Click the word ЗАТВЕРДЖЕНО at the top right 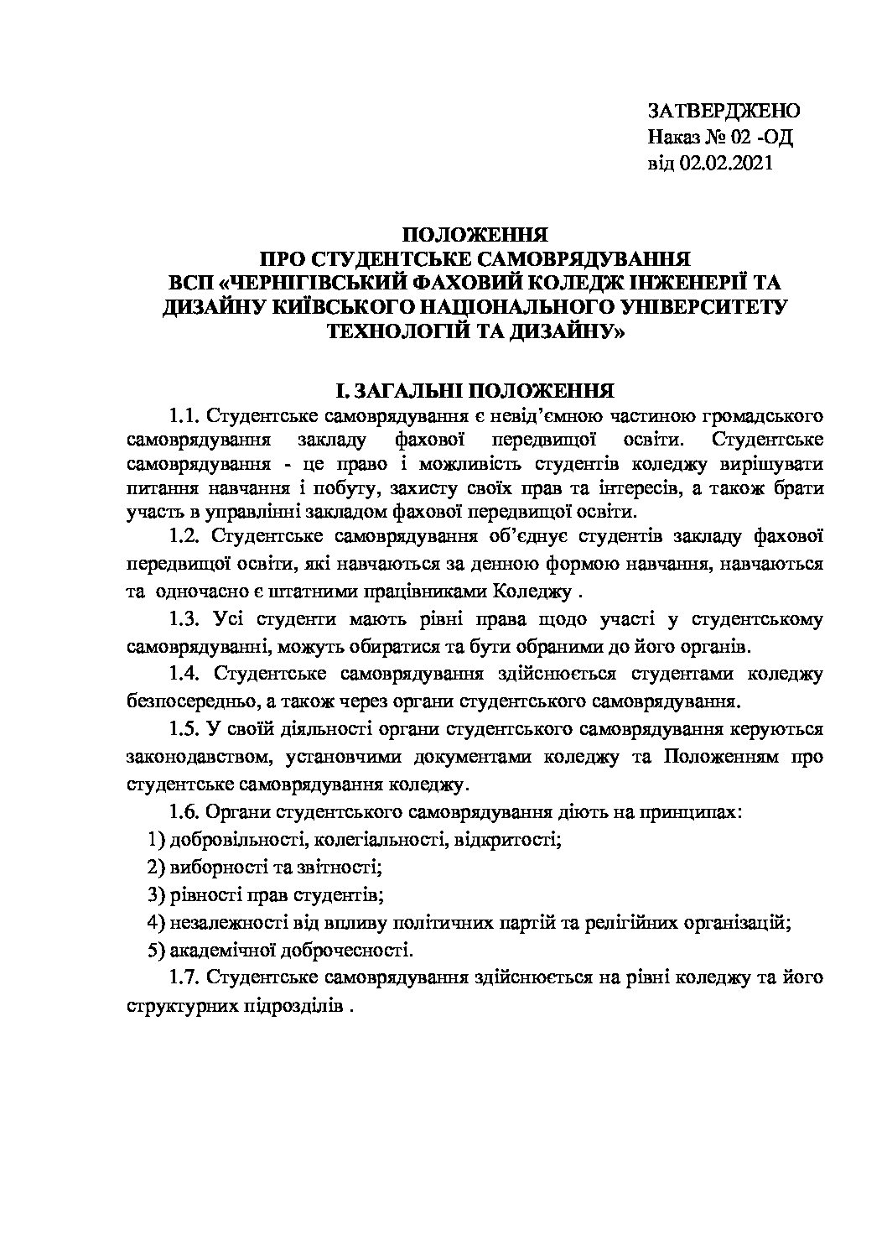pyautogui.click(x=724, y=111)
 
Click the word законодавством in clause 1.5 pyautogui.click(x=197, y=758)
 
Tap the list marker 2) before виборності pyautogui.click(x=154, y=866)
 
